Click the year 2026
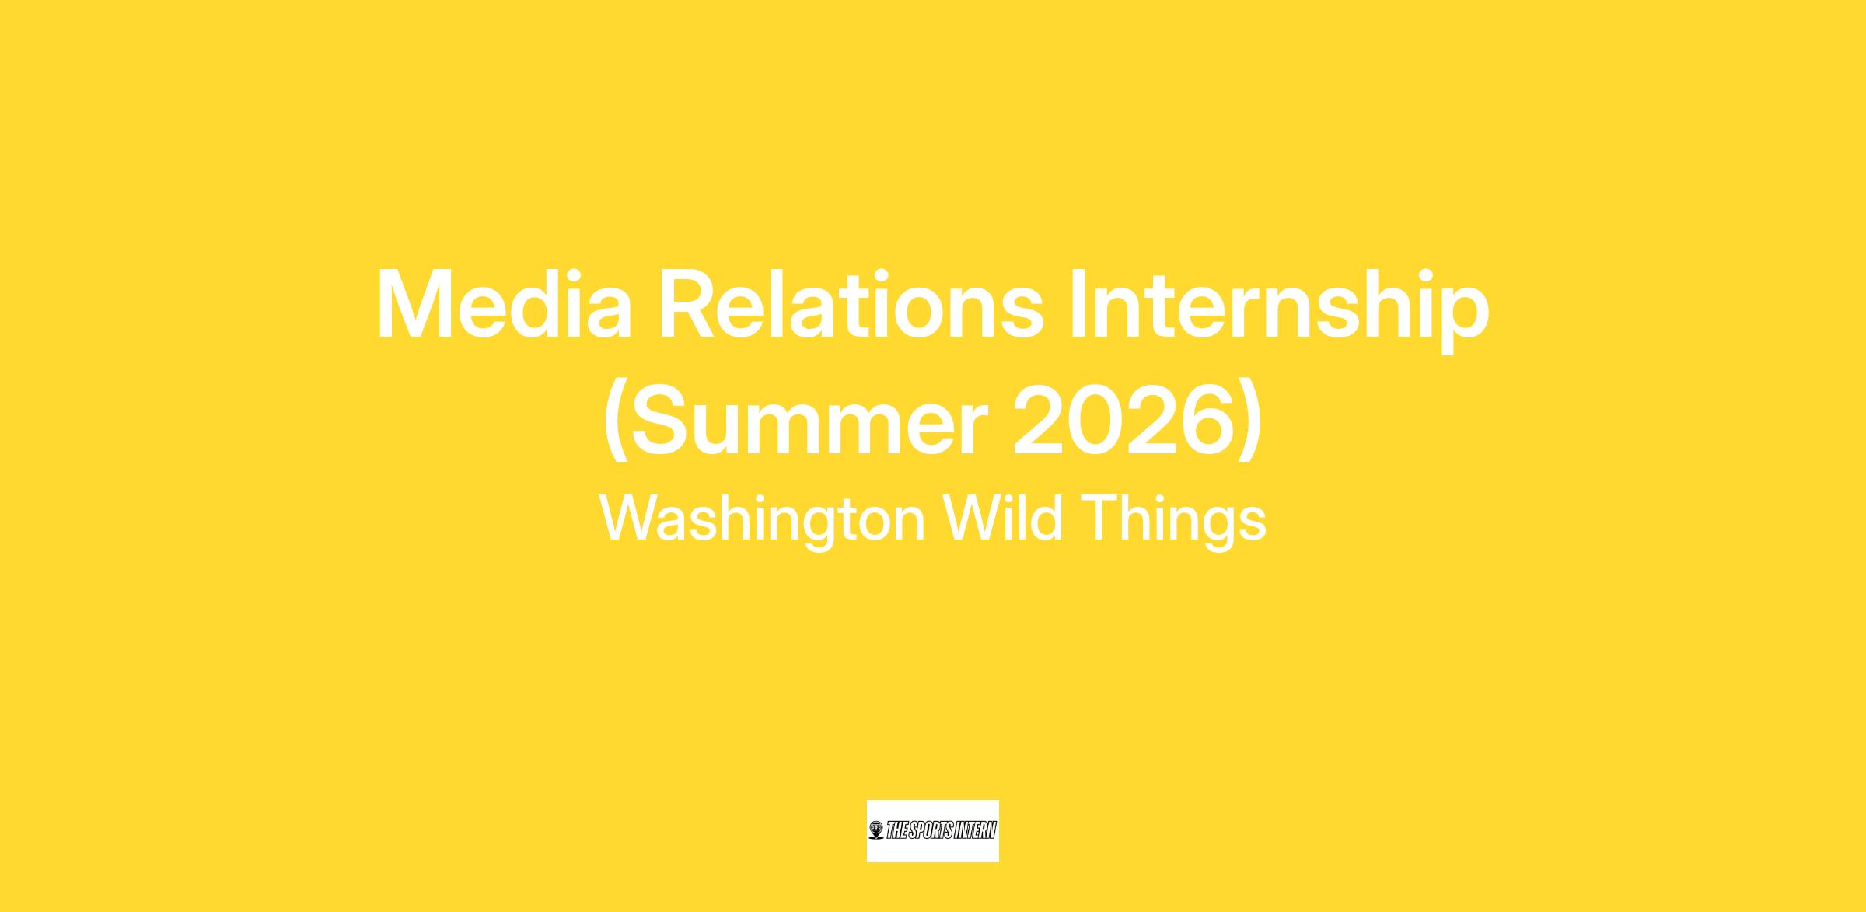coord(1123,421)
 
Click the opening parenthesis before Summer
coord(614,424)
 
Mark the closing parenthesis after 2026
coord(1249,424)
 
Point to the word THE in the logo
coord(897,831)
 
